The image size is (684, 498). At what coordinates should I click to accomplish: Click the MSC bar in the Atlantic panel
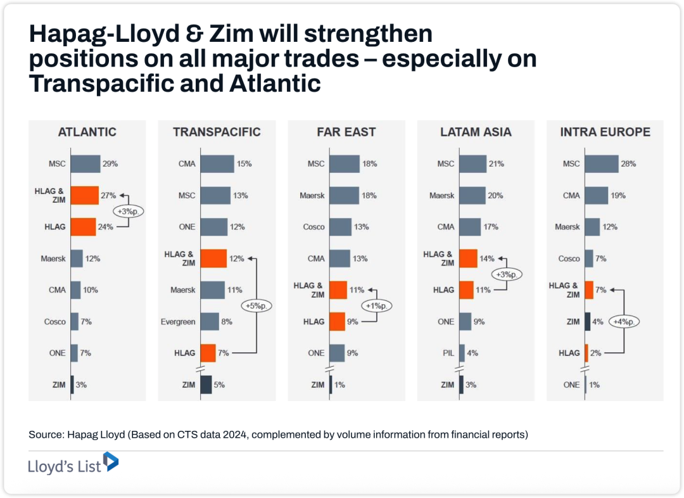(x=85, y=164)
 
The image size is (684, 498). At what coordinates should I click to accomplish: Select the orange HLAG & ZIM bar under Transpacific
(x=213, y=259)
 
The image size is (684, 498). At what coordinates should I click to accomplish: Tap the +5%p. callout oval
(x=256, y=305)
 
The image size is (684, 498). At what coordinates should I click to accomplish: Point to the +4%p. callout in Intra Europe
(x=624, y=322)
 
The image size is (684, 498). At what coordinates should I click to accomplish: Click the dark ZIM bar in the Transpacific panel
(x=206, y=385)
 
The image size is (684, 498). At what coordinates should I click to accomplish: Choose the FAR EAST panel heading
(x=346, y=132)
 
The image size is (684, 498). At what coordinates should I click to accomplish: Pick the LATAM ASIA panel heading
(x=476, y=132)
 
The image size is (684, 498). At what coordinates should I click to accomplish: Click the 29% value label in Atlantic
(x=111, y=164)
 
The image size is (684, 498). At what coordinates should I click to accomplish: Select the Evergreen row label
(x=178, y=322)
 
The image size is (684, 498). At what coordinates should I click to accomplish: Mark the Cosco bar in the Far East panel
(x=340, y=227)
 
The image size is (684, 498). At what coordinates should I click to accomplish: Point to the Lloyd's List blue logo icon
(x=111, y=461)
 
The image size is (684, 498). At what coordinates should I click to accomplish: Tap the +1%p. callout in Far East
(x=377, y=305)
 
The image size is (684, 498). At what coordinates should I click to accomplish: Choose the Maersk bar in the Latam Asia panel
(x=471, y=196)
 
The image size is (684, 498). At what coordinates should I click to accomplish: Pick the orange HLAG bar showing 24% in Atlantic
(x=83, y=227)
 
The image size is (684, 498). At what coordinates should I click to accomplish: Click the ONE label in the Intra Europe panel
(x=571, y=385)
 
